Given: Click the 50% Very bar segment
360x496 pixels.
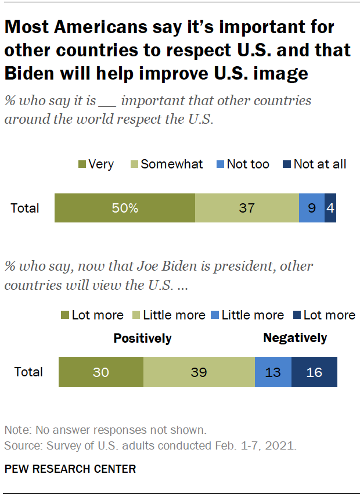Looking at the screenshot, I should [125, 208].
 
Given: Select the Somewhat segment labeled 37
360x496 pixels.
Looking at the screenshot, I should [247, 208].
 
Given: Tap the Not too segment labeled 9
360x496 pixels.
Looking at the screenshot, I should [312, 208].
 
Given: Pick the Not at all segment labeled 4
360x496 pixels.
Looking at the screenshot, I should [330, 208].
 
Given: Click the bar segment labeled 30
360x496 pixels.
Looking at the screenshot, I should [101, 372].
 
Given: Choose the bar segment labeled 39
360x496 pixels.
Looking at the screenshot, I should [199, 372].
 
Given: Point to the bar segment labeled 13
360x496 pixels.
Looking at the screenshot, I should [273, 372].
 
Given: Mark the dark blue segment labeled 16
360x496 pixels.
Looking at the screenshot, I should [314, 372].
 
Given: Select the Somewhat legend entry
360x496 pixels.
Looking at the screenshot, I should [165, 164].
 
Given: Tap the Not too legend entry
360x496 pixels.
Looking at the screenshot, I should [242, 164].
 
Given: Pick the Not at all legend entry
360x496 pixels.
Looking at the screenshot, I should [314, 164].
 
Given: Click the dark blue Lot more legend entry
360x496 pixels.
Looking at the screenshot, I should [323, 315].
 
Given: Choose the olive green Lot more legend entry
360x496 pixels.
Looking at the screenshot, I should [92, 315].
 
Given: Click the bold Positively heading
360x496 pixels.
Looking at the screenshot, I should [142, 338].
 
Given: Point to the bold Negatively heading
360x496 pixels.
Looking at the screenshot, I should [295, 337].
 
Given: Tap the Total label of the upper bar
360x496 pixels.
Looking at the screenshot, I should [25, 208].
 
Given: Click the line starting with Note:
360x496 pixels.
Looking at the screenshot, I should [105, 431].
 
